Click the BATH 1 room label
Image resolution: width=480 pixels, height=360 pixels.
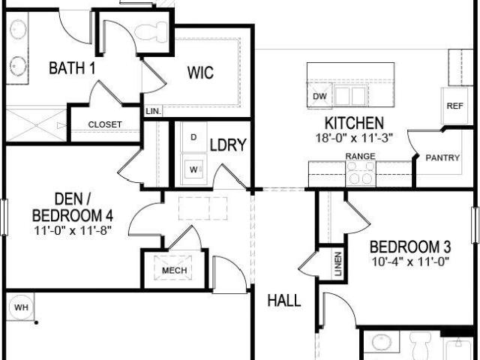(x=72, y=68)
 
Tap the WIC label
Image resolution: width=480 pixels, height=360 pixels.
(x=200, y=73)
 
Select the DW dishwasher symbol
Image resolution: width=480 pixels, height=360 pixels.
(x=319, y=95)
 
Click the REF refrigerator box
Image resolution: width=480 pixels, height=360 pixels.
(x=454, y=106)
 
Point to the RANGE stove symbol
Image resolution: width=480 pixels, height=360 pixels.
(x=361, y=173)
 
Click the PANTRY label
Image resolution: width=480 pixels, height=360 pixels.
(x=442, y=158)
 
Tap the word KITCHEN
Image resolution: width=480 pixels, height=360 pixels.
(x=354, y=123)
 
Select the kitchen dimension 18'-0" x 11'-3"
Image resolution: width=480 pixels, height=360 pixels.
(x=354, y=138)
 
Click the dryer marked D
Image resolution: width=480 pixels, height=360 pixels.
(x=193, y=137)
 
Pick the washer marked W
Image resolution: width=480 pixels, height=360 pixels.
(x=193, y=169)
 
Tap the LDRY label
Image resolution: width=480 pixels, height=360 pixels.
(x=228, y=145)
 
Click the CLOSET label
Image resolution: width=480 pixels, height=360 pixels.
(x=105, y=124)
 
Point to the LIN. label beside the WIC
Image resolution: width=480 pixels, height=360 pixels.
(x=153, y=111)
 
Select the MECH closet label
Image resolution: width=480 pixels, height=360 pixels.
(x=175, y=270)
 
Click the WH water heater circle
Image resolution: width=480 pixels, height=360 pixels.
(x=21, y=307)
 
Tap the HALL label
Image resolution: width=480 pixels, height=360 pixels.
(x=284, y=301)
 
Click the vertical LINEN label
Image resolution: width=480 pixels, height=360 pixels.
(x=338, y=264)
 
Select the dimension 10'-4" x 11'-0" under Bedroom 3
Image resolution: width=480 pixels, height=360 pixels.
(x=410, y=262)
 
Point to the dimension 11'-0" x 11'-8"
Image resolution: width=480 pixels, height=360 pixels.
(x=73, y=230)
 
